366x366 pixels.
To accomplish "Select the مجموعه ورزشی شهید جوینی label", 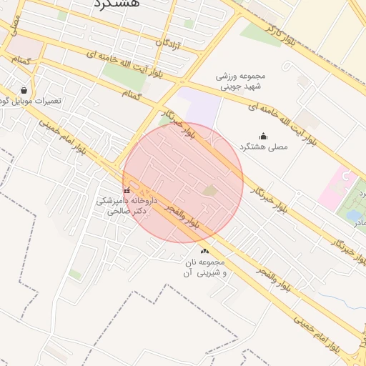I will pos(241,81).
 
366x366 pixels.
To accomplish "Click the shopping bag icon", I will pos(26,91).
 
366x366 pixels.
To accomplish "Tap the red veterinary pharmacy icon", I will pos(127,191).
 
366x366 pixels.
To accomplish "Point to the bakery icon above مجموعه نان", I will pos(206,250).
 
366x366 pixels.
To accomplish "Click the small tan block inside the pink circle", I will pos(209,190).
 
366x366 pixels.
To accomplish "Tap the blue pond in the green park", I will pos(353,214).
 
